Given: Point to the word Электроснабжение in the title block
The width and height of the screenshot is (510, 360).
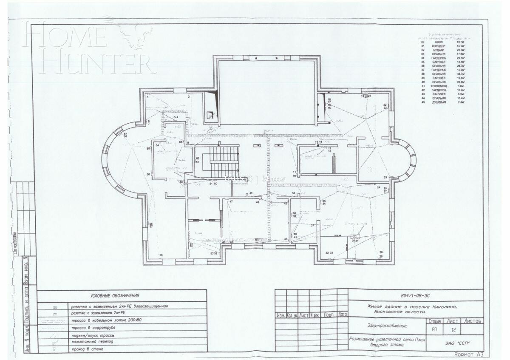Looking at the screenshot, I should [x=386, y=326].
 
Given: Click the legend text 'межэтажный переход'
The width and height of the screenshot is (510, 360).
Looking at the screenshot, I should [x=92, y=342].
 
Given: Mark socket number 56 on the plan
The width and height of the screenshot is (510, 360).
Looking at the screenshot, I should [x=161, y=255].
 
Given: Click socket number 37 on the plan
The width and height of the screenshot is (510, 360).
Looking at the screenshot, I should [x=312, y=225].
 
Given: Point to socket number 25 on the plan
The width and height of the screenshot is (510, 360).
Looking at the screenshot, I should [x=385, y=177].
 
